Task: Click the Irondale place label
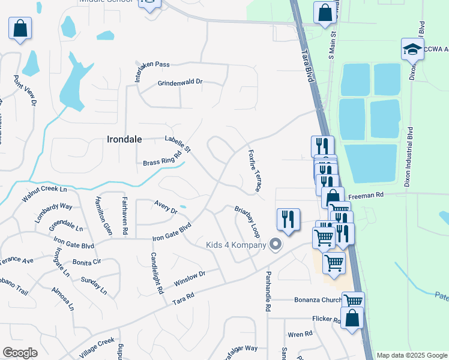[x=124, y=139]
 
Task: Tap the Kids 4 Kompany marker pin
[x=276, y=244]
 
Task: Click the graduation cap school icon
[x=412, y=50]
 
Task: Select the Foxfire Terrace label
[x=254, y=171]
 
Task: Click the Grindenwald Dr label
[x=180, y=82]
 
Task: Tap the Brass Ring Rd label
[x=162, y=159]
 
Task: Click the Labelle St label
[x=178, y=144]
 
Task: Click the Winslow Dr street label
[x=190, y=278]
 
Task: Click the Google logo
[x=20, y=353]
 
